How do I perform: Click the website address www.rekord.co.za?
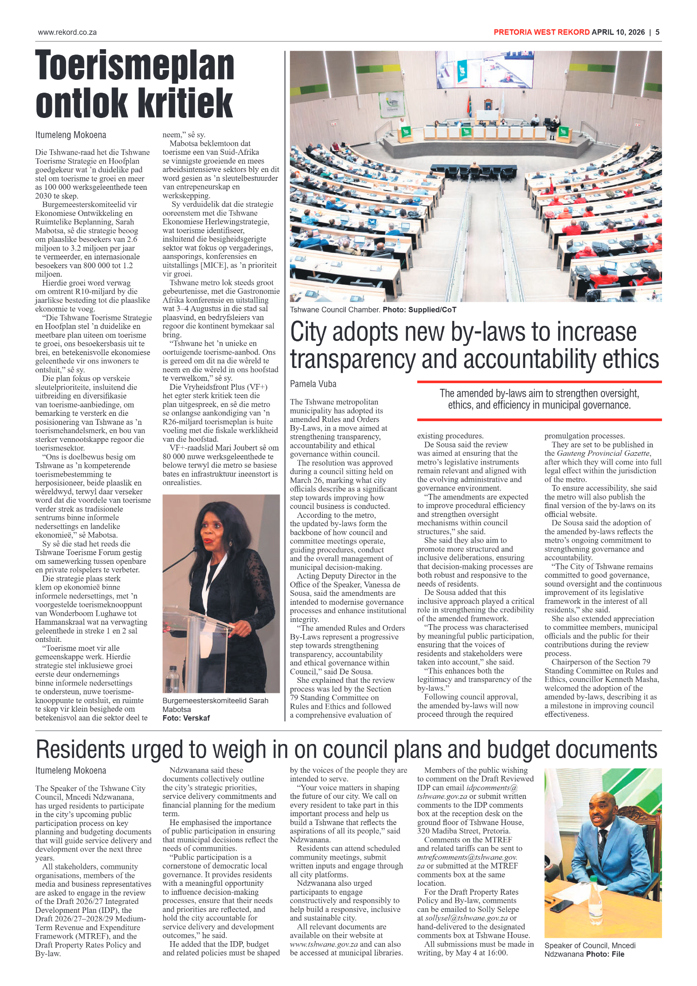click(x=67, y=32)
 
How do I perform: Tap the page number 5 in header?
click(x=658, y=32)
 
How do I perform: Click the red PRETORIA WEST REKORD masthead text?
click(x=541, y=32)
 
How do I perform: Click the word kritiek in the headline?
click(x=184, y=103)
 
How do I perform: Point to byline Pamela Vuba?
click(x=313, y=384)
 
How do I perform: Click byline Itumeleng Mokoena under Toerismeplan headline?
click(x=70, y=135)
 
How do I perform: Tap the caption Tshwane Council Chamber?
click(x=335, y=309)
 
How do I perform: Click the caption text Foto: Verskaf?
click(x=186, y=718)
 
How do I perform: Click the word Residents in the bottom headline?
click(x=80, y=750)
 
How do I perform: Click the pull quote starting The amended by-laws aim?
click(x=539, y=399)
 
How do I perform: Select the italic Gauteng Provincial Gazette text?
click(x=603, y=453)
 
